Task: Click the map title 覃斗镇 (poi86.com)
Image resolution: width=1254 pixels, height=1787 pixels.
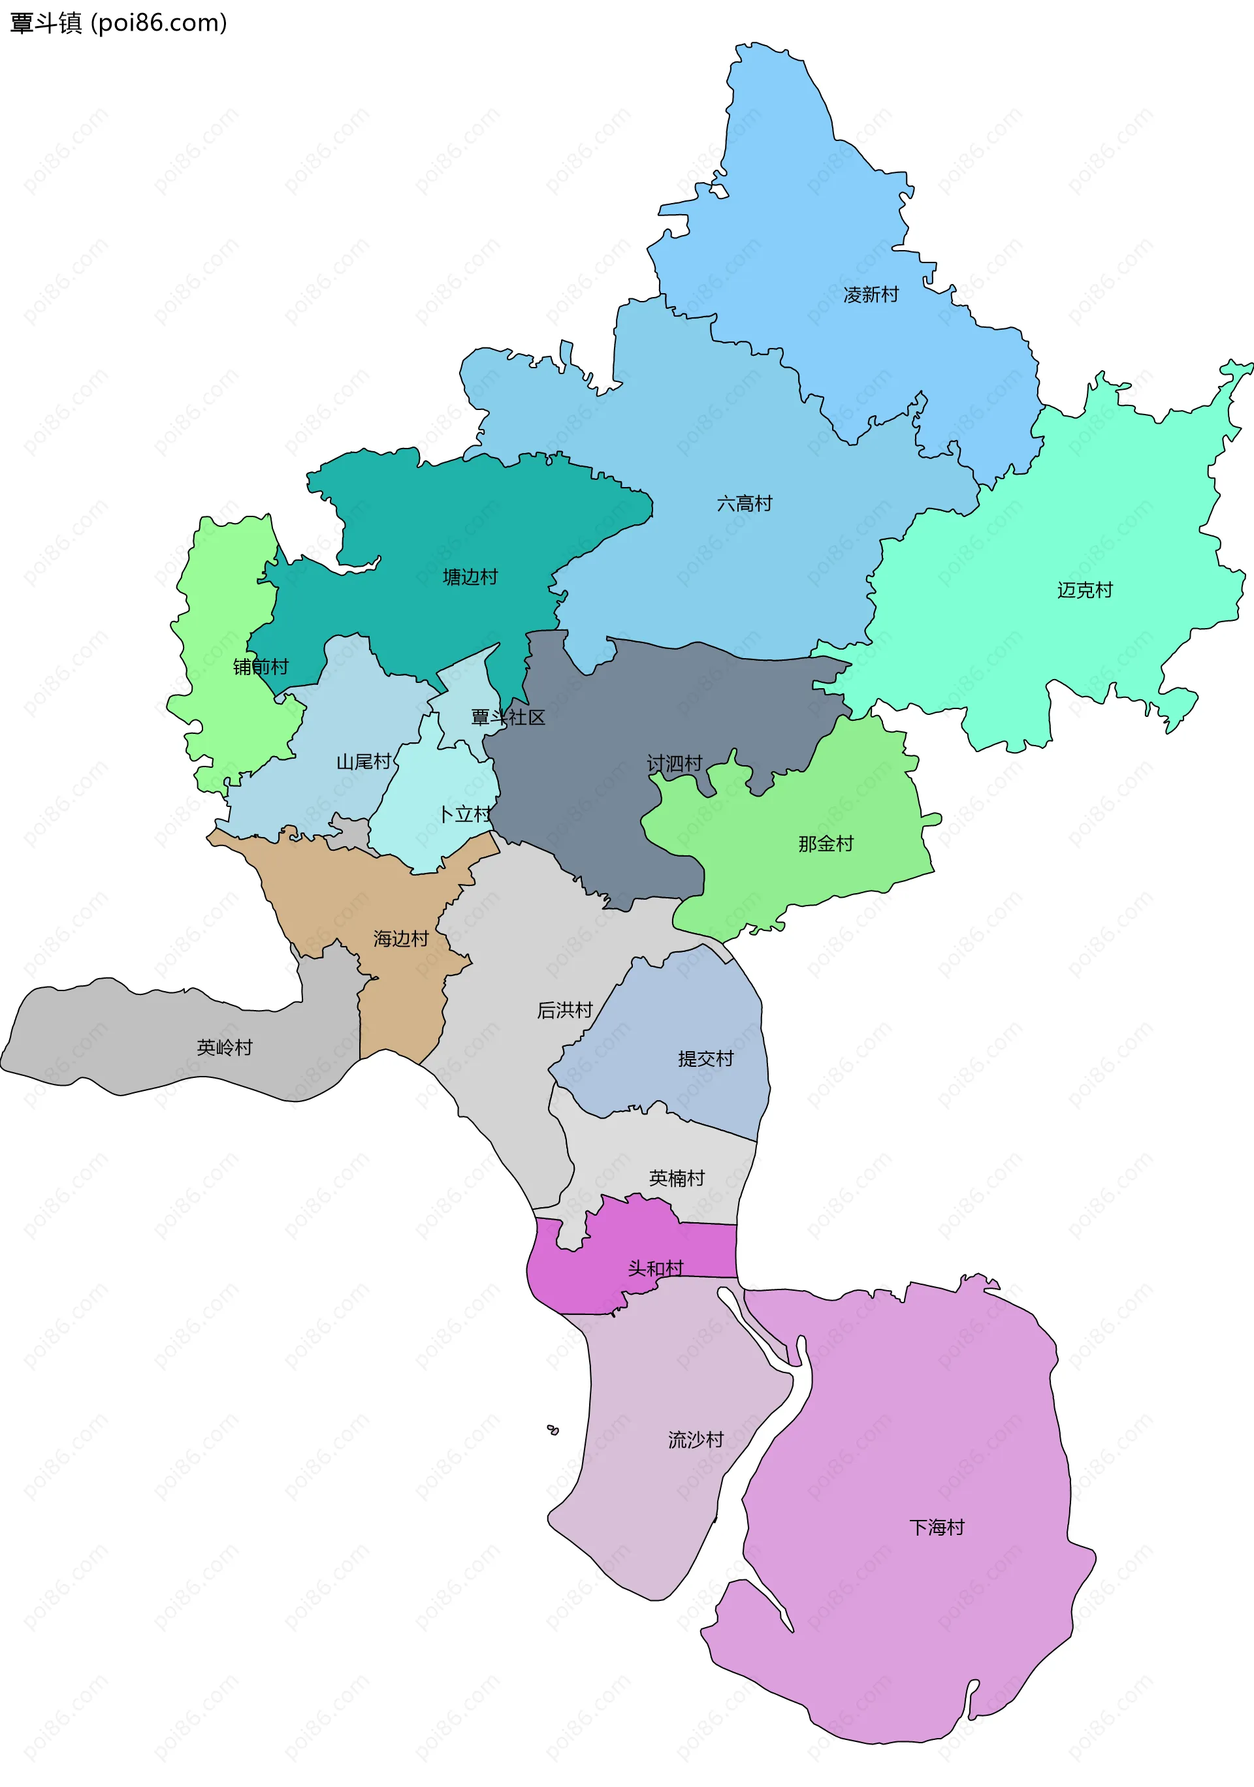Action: [x=118, y=24]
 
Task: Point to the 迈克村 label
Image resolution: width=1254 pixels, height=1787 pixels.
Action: [x=1084, y=590]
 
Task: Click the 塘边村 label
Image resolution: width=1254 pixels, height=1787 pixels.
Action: [x=470, y=577]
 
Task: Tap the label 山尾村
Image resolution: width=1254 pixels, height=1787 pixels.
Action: [x=364, y=761]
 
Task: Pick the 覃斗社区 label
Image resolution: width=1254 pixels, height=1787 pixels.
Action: [x=507, y=717]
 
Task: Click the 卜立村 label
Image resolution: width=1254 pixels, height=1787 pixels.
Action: [x=465, y=814]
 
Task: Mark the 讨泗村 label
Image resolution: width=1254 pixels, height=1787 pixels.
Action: [x=674, y=763]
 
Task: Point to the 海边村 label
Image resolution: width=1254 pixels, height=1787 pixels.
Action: [x=401, y=939]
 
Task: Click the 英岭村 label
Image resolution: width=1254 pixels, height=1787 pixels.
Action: [x=224, y=1048]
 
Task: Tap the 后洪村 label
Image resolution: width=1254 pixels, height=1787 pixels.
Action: [x=564, y=1010]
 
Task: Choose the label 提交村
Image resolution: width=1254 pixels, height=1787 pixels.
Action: [x=705, y=1058]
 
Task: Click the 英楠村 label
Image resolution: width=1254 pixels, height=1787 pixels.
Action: [x=677, y=1178]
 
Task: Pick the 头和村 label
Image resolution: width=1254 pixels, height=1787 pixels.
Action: [x=656, y=1269]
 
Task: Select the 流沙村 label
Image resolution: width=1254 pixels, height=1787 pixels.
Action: [x=695, y=1440]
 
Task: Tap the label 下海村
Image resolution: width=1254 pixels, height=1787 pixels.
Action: [x=937, y=1527]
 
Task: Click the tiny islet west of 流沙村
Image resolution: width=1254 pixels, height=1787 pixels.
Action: [x=553, y=1430]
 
